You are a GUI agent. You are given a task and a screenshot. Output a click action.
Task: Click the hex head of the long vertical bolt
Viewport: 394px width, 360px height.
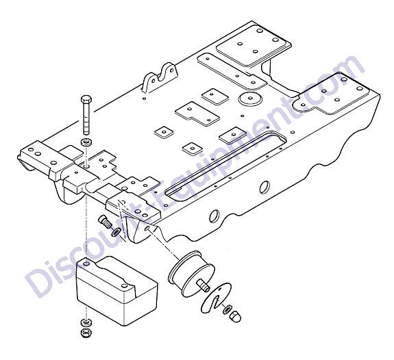click(x=86, y=99)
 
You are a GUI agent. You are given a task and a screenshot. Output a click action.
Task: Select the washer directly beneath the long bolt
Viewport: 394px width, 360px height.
click(x=86, y=142)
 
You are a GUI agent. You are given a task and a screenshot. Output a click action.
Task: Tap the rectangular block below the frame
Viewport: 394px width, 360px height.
click(x=117, y=290)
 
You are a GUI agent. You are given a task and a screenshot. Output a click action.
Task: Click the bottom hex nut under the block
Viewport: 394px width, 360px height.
click(x=86, y=333)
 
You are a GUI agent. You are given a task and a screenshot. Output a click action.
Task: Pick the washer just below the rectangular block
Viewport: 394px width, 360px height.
click(x=86, y=322)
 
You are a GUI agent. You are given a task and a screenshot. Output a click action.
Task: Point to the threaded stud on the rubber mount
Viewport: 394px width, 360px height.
click(x=204, y=285)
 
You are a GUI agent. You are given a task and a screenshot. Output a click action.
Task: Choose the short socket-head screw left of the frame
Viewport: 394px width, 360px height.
click(x=105, y=222)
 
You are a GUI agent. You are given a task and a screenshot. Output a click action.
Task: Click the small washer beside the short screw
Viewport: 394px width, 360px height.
click(x=116, y=232)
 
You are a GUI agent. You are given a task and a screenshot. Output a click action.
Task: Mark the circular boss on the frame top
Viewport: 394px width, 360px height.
click(x=250, y=98)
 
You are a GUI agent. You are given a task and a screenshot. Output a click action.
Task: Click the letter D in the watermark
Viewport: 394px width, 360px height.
click(x=40, y=282)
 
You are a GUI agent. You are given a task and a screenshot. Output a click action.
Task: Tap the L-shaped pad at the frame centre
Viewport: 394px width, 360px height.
click(x=197, y=114)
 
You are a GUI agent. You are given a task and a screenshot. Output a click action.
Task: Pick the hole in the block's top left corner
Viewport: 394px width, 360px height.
click(x=86, y=264)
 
